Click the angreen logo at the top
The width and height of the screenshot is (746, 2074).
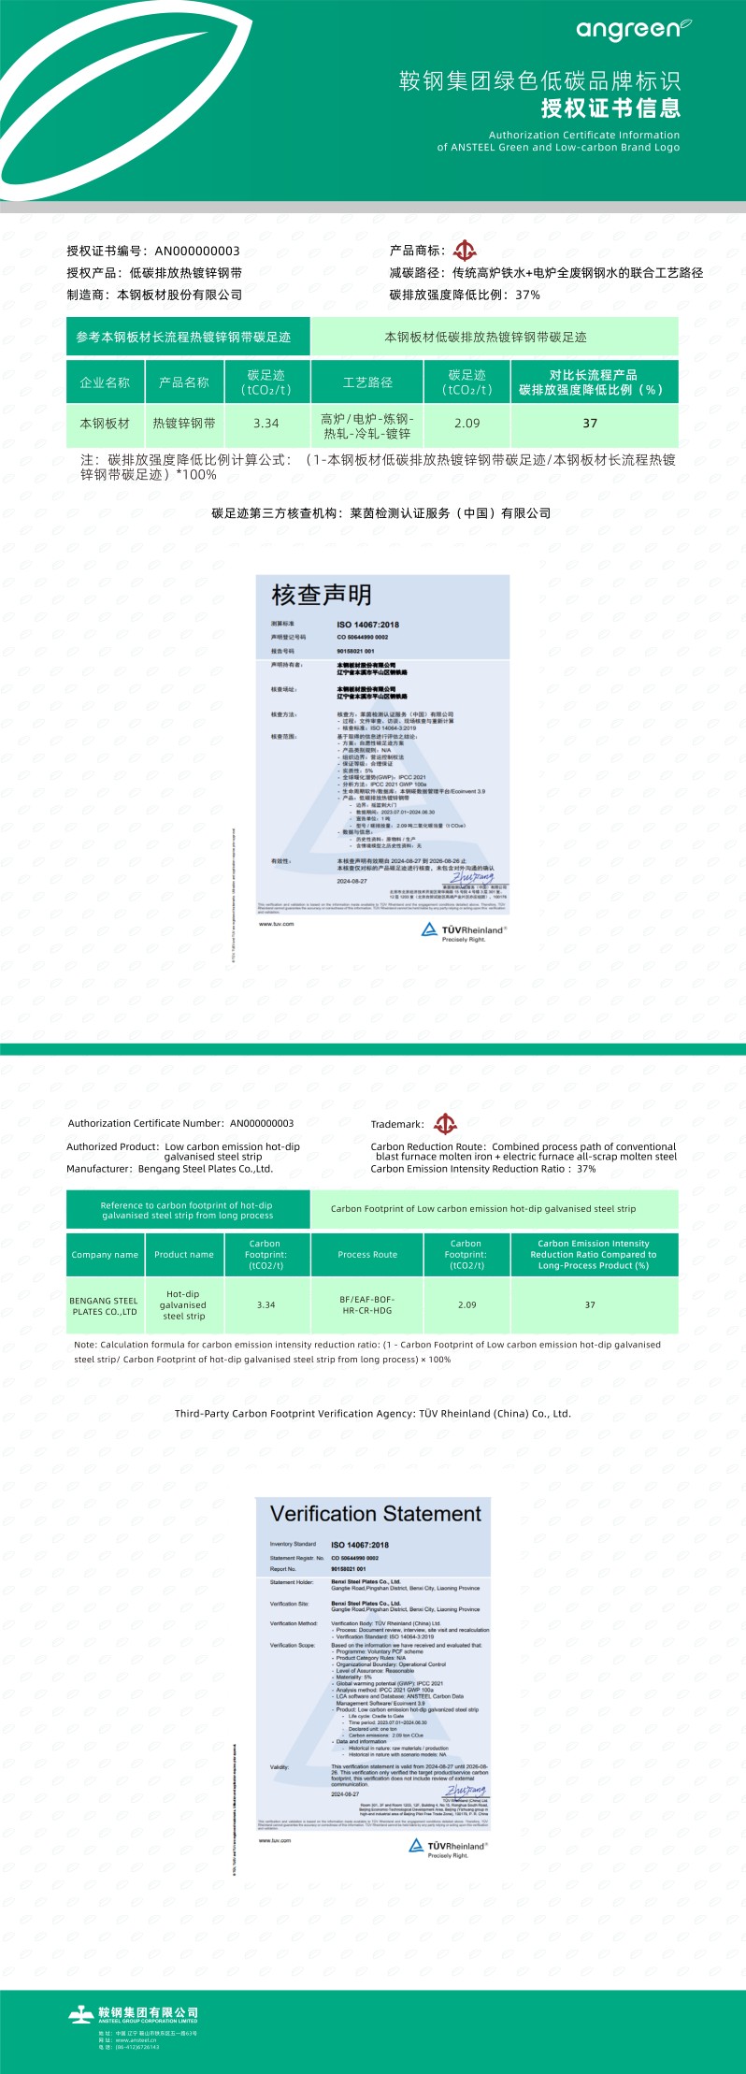tap(633, 30)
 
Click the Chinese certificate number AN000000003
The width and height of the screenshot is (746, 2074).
tap(197, 251)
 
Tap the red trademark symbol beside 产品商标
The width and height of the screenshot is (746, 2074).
tap(465, 251)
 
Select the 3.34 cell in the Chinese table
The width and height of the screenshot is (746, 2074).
tap(265, 424)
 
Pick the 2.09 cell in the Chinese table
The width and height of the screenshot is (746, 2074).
tap(466, 424)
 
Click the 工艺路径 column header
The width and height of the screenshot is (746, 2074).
tap(367, 382)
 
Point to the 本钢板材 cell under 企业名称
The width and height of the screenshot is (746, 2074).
tap(105, 424)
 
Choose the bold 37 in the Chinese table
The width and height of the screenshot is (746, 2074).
tap(590, 424)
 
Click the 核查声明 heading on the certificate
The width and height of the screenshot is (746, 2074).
tap(322, 595)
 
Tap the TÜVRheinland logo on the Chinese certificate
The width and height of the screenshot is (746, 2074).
tap(464, 931)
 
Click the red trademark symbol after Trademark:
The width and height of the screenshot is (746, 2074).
tap(446, 1124)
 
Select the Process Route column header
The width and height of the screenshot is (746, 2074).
tap(367, 1255)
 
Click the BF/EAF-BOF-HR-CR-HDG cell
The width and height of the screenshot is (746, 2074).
tap(367, 1305)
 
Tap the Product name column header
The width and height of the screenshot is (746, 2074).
tap(184, 1255)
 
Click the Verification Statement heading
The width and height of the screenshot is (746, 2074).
tap(375, 1514)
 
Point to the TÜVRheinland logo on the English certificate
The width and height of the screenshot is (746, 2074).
tap(450, 1847)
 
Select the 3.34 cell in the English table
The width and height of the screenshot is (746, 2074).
tap(265, 1305)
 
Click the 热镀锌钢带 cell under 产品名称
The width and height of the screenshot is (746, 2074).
tap(184, 424)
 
